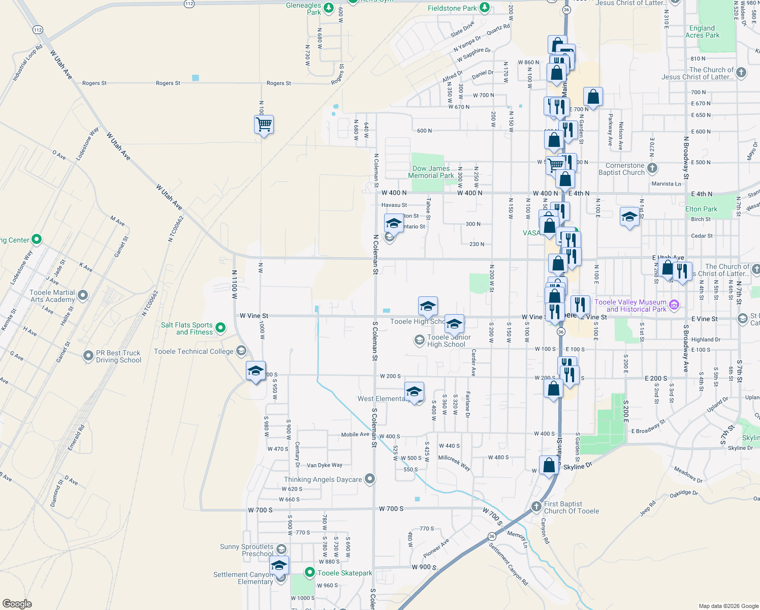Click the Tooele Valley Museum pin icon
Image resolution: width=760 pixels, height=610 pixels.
click(674, 305)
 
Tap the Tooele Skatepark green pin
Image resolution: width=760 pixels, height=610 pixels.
click(309, 573)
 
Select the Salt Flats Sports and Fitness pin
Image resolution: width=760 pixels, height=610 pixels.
click(220, 328)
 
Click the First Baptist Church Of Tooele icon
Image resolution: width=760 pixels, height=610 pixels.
click(536, 507)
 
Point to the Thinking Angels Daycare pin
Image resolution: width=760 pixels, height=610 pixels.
click(370, 479)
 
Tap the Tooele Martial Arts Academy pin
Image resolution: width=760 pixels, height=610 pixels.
click(83, 295)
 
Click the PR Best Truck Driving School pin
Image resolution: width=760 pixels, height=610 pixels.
click(88, 356)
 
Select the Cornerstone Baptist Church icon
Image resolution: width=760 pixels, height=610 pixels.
click(652, 168)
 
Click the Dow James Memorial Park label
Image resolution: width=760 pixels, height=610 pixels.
click(431, 172)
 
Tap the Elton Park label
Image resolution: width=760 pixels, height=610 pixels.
click(701, 209)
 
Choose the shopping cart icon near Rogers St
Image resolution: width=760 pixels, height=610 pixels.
click(264, 124)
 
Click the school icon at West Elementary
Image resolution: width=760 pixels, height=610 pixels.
click(415, 392)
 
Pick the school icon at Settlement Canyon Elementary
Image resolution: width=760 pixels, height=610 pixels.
click(278, 565)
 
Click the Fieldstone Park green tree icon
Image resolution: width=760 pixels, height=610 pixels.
click(485, 7)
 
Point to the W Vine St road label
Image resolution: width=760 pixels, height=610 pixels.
click(254, 316)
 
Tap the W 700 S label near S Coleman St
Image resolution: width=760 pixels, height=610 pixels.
click(391, 508)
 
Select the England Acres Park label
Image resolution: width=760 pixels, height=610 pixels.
click(702, 32)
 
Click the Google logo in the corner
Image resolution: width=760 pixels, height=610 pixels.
click(17, 604)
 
